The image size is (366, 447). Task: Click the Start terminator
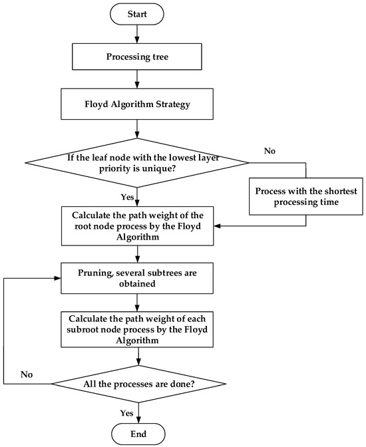(x=136, y=13)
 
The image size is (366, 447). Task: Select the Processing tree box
(x=136, y=57)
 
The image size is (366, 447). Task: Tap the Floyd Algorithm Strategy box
(x=136, y=104)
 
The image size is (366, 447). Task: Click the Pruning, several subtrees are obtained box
(x=136, y=278)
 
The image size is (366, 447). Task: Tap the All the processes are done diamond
(x=136, y=384)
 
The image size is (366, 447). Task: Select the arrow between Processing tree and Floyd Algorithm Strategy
(x=136, y=80)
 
